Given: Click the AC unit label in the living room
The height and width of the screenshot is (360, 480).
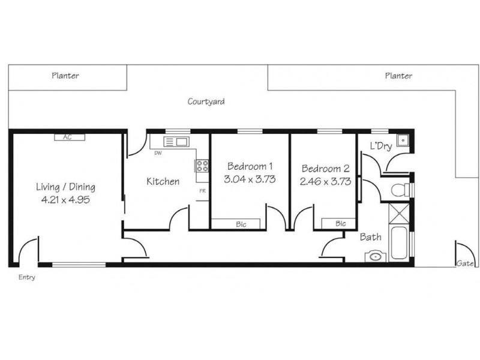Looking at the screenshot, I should pos(67,137).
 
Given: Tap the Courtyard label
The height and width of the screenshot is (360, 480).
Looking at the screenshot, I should pos(206,101).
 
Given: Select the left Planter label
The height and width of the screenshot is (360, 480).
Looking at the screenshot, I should pos(65,76).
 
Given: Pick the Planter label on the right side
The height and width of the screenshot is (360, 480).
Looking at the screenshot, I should pos(398,76).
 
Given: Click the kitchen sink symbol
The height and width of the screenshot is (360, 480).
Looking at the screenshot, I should pos(176,142).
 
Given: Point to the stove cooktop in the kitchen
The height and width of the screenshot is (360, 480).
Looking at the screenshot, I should pos(202,165).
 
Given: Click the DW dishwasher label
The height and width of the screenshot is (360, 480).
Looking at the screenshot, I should pos(158,154).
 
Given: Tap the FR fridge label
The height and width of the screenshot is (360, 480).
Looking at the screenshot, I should pos(203,191).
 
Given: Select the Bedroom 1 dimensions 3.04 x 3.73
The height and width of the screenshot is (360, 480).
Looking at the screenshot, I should pos(249,179).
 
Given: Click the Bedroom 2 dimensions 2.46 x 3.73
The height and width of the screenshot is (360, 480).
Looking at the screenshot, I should pos(326,181).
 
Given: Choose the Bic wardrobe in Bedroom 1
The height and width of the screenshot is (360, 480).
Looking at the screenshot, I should pos(241,224).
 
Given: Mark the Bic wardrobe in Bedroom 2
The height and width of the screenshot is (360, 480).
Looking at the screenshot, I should pos(340,224).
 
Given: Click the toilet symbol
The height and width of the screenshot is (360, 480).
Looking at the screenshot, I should pos(398,190).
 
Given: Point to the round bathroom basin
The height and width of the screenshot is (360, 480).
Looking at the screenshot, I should pos(375,255).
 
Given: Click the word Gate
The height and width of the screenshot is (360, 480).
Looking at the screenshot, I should pos(465,263).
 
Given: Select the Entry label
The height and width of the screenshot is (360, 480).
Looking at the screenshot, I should pos(27,277).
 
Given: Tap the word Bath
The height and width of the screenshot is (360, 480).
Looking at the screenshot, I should pos(370,238).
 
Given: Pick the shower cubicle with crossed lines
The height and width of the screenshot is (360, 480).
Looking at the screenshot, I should pos(398,213).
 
